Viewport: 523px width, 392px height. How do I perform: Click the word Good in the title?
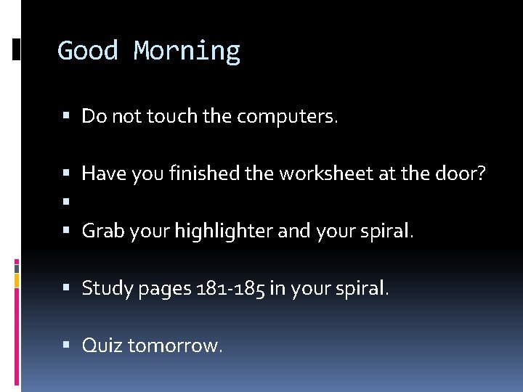tap(87, 51)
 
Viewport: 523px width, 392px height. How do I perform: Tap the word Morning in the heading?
tap(187, 52)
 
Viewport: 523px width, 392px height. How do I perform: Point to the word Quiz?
tap(102, 346)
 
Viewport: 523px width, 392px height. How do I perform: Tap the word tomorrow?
tap(175, 346)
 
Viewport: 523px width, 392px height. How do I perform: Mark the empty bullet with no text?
tap(67, 203)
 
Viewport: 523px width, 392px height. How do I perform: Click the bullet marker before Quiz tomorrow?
tap(67, 346)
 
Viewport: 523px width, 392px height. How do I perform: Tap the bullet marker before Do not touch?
tap(67, 117)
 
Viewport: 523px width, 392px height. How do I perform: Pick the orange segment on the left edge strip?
tap(17, 280)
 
